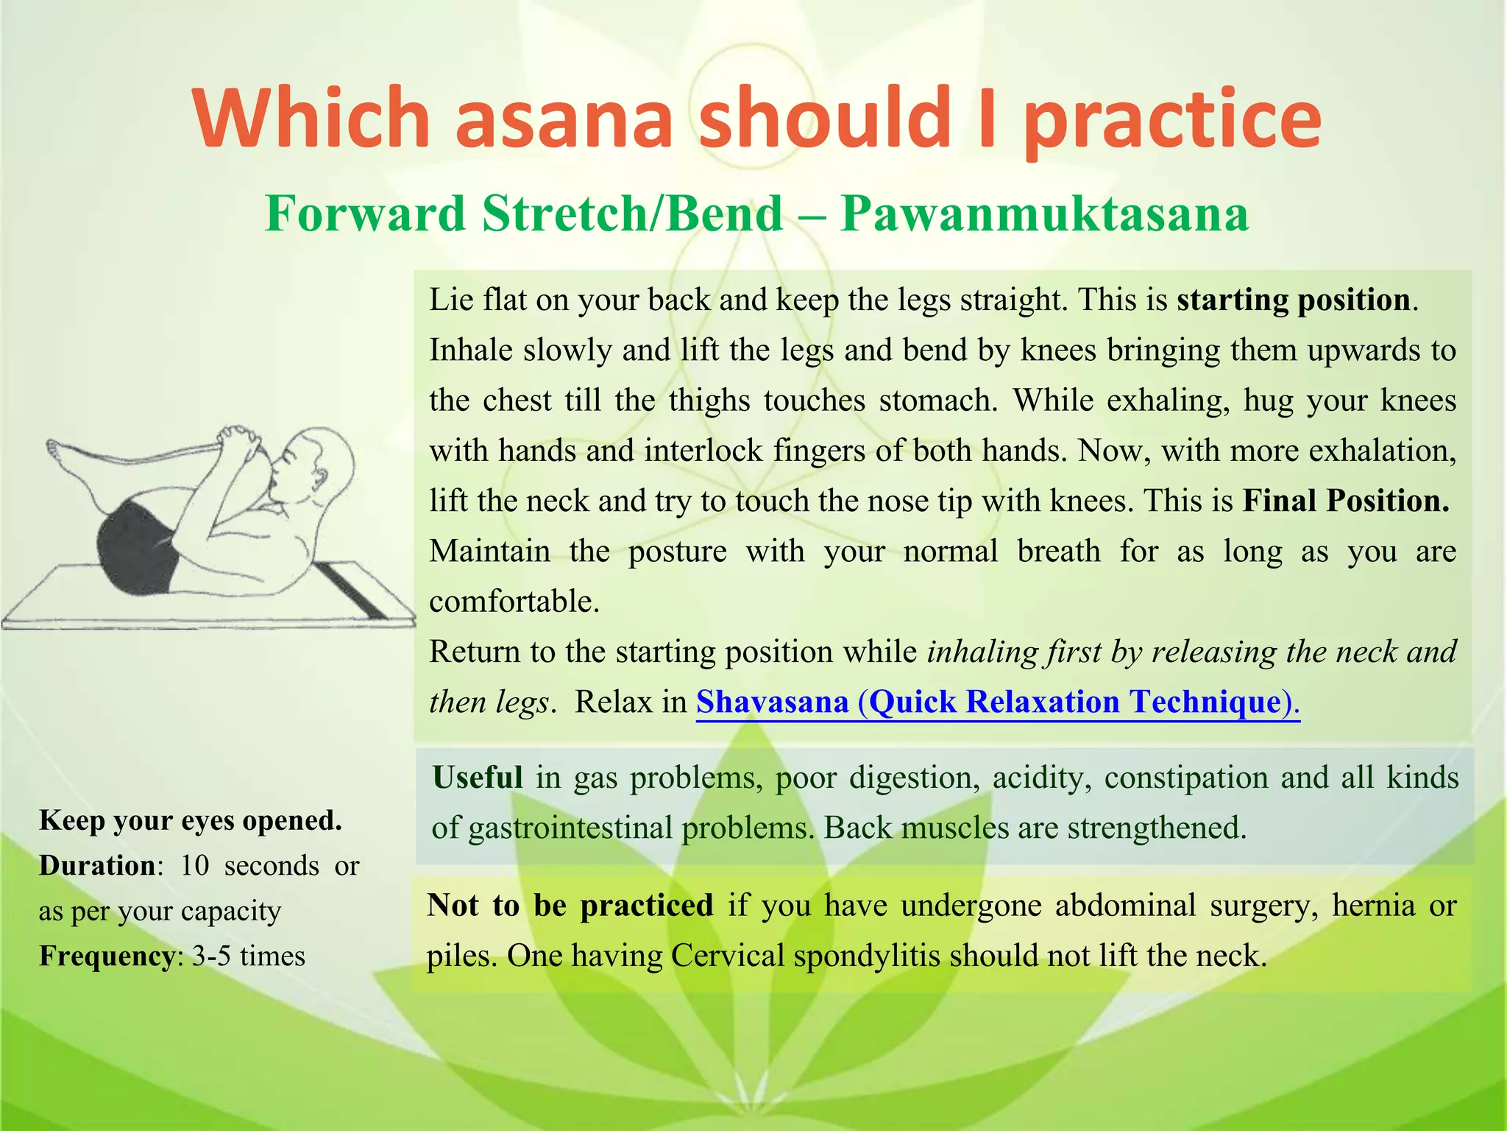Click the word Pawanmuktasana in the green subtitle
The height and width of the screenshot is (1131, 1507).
click(x=1044, y=214)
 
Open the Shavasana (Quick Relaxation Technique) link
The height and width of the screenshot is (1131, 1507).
click(x=998, y=702)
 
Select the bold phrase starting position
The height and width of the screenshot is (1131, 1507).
click(x=1294, y=300)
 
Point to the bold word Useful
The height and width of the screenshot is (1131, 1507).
click(x=478, y=778)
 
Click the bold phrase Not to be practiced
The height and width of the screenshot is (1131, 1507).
click(x=570, y=905)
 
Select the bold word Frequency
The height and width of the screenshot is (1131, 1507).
click(x=106, y=956)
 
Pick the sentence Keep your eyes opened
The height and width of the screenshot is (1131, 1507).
click(x=190, y=820)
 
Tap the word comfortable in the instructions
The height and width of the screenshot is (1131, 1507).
click(x=514, y=602)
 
